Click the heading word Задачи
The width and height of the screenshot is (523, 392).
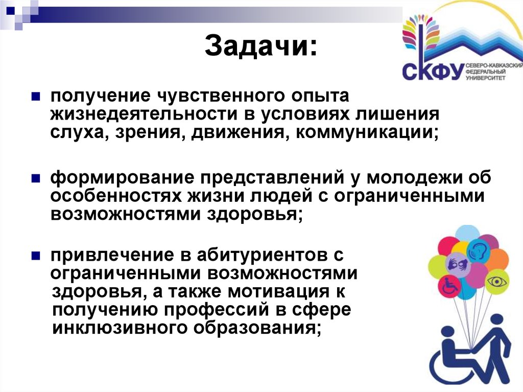coord(260,48)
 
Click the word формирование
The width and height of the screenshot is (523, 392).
coord(120,178)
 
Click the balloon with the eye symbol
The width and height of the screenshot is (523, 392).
coord(495,280)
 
